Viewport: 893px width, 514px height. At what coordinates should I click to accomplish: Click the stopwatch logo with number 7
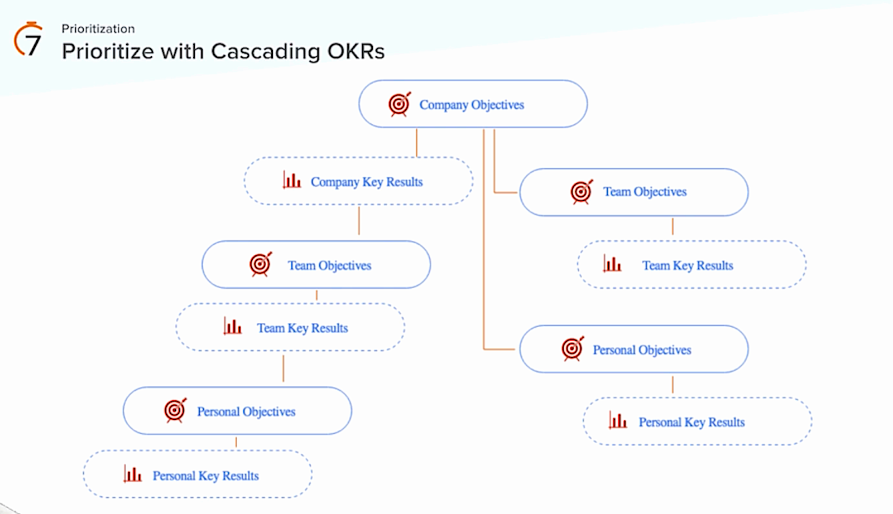coord(28,40)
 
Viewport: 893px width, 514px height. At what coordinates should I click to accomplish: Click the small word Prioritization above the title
coord(98,29)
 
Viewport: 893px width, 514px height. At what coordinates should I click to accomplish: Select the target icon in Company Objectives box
coord(400,104)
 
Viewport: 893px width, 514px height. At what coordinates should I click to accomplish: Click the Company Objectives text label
coord(472,105)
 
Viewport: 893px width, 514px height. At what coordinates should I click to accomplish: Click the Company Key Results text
coord(367,182)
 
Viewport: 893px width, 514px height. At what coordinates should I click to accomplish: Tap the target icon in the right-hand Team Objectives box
coord(582,192)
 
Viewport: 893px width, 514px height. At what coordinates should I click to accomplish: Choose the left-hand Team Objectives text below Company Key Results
coord(329,265)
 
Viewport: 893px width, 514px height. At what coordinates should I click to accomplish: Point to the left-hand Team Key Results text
coord(302,328)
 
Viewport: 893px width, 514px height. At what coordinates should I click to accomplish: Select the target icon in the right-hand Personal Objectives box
coord(573,348)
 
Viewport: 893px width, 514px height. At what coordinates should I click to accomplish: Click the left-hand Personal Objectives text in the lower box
coord(246,411)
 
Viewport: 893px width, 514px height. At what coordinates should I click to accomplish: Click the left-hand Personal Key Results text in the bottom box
coord(205,476)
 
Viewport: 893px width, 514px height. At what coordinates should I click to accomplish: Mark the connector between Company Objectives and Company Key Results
coord(417,143)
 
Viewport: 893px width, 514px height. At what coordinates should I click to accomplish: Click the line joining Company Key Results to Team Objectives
coord(359,221)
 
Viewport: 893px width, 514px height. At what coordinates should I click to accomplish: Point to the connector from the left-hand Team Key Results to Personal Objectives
coord(284,368)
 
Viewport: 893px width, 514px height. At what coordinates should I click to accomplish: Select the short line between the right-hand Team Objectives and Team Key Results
coord(673,226)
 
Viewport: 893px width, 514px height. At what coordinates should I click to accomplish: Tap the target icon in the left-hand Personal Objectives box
coord(175,410)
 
